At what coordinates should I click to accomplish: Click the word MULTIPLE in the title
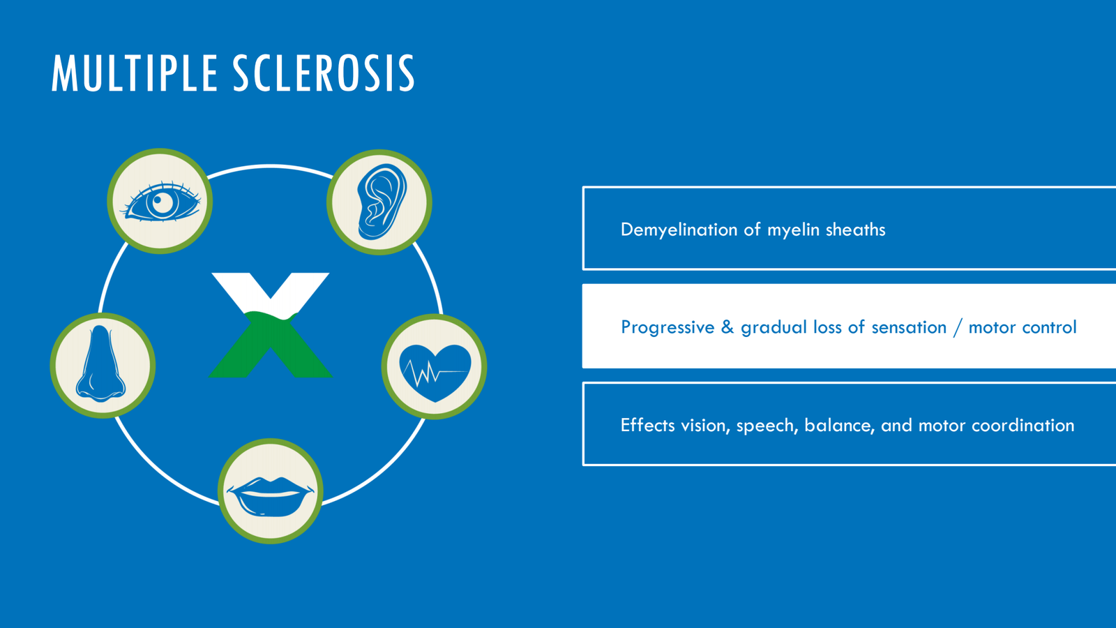coord(135,73)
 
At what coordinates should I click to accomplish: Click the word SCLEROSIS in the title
coord(324,73)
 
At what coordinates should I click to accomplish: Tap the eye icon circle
coord(160,201)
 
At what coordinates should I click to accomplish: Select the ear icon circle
coord(379,202)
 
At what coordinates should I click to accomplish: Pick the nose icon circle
coord(103,366)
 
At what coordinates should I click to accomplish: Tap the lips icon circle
coord(271,491)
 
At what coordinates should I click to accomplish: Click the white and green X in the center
coord(270,325)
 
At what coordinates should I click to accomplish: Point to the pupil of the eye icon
coord(161,203)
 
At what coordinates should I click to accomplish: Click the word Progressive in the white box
coord(668,327)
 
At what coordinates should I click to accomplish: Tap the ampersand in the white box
coord(727,327)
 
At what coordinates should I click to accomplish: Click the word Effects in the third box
coord(648,425)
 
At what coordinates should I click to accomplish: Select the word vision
coord(705,426)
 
